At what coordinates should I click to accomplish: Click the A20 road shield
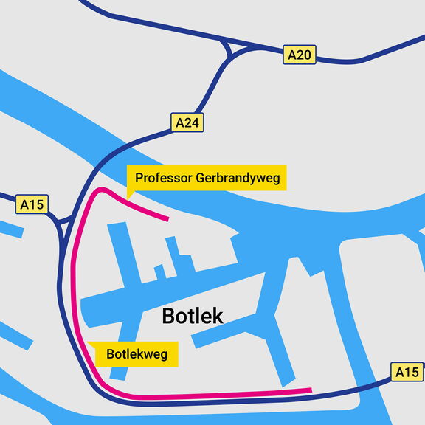pyautogui.click(x=300, y=54)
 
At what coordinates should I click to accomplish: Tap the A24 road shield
pyautogui.click(x=187, y=122)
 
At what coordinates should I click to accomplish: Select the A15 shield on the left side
pyautogui.click(x=32, y=204)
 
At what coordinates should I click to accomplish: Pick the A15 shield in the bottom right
pyautogui.click(x=407, y=373)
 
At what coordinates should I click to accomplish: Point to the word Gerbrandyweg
pyautogui.click(x=238, y=178)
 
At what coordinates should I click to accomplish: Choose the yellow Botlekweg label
pyautogui.click(x=137, y=354)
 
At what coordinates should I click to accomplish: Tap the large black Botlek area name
pyautogui.click(x=192, y=317)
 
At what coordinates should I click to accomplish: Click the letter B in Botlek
pyautogui.click(x=167, y=317)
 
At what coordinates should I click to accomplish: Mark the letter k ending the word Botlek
pyautogui.click(x=218, y=317)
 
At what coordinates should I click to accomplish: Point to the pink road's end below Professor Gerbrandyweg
pyautogui.click(x=167, y=218)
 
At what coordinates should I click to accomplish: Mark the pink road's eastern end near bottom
pyautogui.click(x=310, y=390)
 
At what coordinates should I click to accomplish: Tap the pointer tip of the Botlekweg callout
pyautogui.click(x=88, y=342)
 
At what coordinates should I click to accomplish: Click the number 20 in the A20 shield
pyautogui.click(x=305, y=54)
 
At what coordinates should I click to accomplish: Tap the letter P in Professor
pyautogui.click(x=139, y=178)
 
